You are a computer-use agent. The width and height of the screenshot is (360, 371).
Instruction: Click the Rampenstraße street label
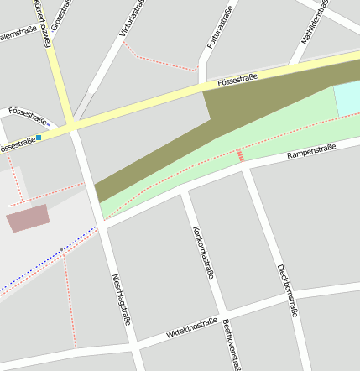pos(311,152)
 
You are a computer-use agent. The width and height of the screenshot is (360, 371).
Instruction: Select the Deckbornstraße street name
pos(287,289)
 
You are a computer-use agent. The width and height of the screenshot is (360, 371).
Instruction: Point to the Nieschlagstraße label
pos(122,299)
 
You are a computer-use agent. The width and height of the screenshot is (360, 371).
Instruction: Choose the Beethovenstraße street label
pos(232,344)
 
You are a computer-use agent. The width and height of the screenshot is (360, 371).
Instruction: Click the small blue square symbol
pos(39,138)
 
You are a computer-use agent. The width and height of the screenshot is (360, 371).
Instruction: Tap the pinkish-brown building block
pos(28,218)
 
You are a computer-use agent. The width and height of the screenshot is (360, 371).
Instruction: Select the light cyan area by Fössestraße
pos(347,100)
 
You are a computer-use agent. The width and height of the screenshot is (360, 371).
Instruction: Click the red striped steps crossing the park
pos(240,155)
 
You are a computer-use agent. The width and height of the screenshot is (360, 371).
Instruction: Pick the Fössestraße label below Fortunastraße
pos(237,81)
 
